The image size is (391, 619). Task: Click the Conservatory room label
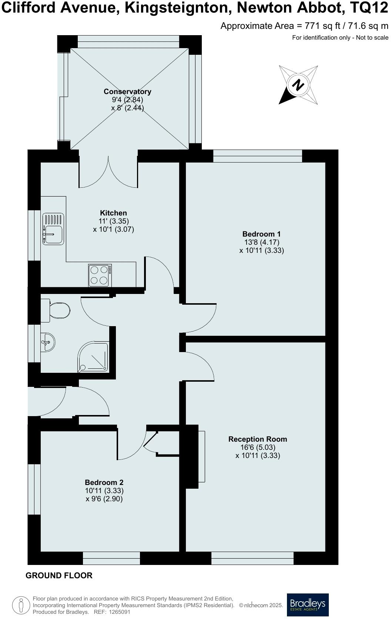(127, 91)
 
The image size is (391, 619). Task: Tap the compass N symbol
(298, 85)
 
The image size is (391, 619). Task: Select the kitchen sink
(53, 229)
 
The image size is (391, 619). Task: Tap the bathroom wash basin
(48, 341)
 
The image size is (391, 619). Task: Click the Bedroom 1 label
(261, 234)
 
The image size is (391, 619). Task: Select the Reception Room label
(257, 439)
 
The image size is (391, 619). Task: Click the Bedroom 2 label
(104, 482)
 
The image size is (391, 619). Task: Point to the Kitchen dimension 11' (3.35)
(113, 221)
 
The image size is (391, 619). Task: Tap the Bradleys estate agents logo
(308, 605)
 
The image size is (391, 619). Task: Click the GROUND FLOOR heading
(59, 575)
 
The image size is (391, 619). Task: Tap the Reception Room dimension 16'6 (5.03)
(257, 447)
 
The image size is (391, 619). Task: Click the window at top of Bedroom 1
(258, 156)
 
